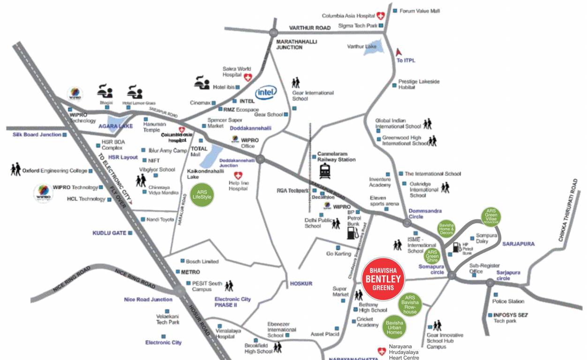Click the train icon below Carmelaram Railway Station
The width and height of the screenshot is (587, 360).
coord(326,172)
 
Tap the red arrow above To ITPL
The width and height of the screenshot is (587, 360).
coord(399,52)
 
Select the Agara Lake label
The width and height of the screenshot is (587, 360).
coord(115,126)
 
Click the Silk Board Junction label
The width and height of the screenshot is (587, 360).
coord(37,135)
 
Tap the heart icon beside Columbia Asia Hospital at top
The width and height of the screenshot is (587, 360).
coord(381,16)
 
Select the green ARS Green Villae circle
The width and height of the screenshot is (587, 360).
coord(491,217)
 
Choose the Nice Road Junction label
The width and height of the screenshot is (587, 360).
coord(148,299)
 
